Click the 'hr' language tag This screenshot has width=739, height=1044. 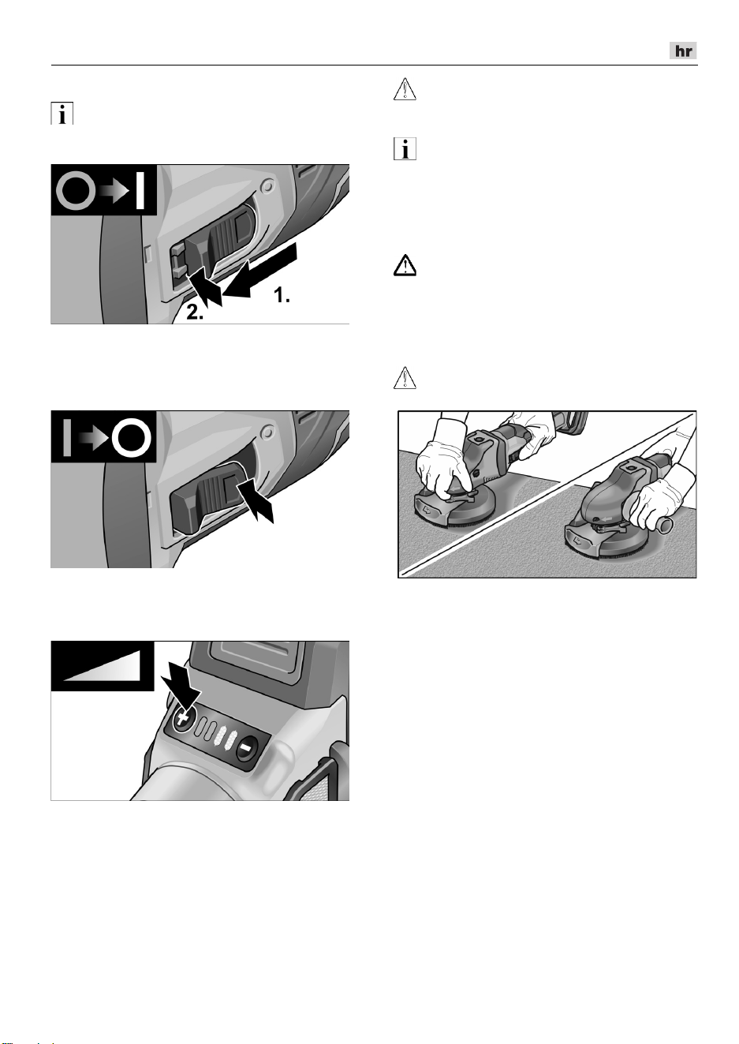(x=683, y=51)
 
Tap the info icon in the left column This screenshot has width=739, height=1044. (x=62, y=114)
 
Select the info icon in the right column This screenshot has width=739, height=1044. (x=405, y=148)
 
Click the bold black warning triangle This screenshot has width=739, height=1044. (x=405, y=266)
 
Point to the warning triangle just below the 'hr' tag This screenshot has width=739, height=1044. (x=405, y=89)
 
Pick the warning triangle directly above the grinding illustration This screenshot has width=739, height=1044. (x=405, y=377)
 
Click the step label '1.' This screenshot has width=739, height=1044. (x=282, y=295)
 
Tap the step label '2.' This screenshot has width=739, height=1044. (x=196, y=312)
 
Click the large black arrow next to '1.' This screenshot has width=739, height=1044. (x=260, y=271)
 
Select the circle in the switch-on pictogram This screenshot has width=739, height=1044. (x=76, y=191)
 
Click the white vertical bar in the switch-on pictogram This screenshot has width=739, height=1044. (x=140, y=190)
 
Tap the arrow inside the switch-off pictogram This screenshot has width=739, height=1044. (x=94, y=438)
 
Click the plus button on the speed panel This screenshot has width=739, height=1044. (x=181, y=719)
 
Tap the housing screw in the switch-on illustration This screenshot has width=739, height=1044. (x=267, y=187)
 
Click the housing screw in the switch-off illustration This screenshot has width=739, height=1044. (x=267, y=433)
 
